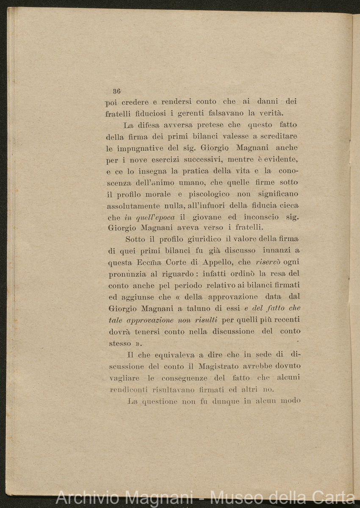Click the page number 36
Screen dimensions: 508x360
coord(117,91)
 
